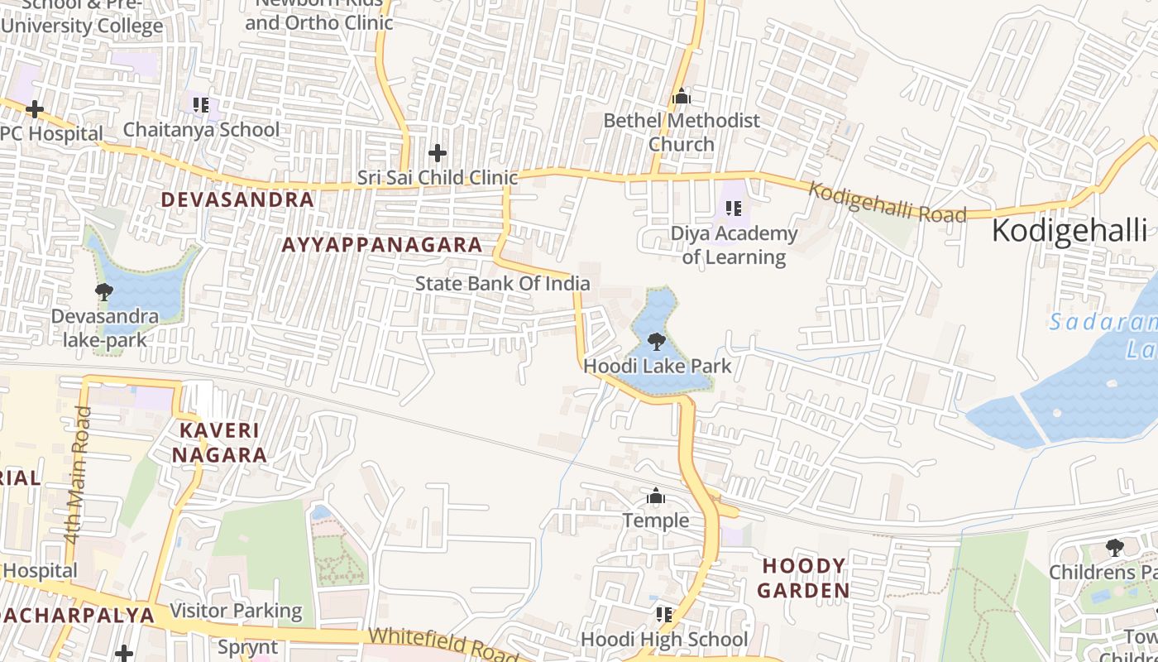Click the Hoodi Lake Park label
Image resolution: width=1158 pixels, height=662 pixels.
coord(658,366)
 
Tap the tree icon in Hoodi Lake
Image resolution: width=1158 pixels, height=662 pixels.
coord(656,341)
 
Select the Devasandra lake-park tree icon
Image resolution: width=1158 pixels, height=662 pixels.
coord(104,291)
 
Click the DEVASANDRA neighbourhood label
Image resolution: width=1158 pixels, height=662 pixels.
coord(237,199)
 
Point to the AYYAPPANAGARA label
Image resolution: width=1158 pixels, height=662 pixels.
coord(382,245)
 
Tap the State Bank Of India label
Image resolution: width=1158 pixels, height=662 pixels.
coord(502,284)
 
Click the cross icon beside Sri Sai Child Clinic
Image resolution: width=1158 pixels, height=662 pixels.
coord(437,153)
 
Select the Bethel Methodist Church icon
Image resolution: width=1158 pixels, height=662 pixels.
coord(681,97)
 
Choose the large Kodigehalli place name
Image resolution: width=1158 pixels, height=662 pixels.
coord(1069,231)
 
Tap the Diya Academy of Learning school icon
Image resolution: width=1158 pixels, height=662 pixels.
coord(733,209)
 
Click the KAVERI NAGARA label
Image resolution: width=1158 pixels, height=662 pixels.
coord(219,443)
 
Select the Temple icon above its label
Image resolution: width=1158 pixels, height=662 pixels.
coord(656,496)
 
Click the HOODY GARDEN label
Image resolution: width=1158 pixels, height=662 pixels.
coord(803,578)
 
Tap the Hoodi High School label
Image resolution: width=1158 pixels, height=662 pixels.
coord(663,640)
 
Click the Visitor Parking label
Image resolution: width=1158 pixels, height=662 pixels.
coord(236,612)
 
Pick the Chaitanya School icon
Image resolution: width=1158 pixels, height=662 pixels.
coord(201,105)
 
